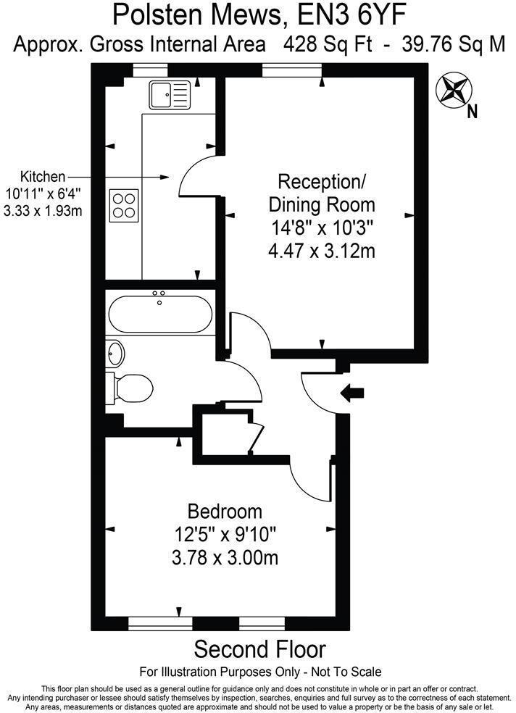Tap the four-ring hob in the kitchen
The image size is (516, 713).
[125, 204]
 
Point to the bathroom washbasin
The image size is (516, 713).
[116, 353]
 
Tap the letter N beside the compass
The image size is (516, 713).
[472, 111]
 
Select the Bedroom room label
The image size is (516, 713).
[225, 510]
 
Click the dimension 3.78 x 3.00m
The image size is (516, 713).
[225, 558]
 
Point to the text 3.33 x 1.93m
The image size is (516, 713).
[43, 211]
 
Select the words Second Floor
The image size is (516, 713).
[260, 649]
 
